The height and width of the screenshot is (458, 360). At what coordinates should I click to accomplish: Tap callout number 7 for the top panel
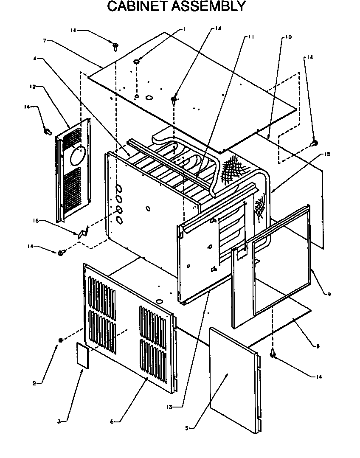[x=44, y=41]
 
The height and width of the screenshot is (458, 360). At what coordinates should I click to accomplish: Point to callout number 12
[x=32, y=87]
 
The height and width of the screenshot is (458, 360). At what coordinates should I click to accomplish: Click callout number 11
[x=251, y=37]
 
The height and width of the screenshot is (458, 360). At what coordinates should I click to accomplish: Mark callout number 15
[x=327, y=154]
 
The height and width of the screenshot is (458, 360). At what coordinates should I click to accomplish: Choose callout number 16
[x=35, y=221]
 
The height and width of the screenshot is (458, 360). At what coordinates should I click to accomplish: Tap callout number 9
[x=329, y=294]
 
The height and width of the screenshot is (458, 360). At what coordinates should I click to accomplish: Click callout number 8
[x=317, y=346]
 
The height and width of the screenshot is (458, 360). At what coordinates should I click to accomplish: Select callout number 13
[x=169, y=406]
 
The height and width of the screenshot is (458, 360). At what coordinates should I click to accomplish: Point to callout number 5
[x=186, y=427]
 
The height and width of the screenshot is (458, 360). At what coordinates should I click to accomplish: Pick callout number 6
[x=111, y=421]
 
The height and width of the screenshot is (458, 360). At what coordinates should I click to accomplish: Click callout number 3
[x=59, y=421]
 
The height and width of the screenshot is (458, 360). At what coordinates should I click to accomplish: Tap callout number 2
[x=34, y=384]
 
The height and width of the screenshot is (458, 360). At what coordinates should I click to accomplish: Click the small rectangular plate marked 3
[x=82, y=354]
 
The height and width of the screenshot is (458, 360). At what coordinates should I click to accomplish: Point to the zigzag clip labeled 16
[x=83, y=231]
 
